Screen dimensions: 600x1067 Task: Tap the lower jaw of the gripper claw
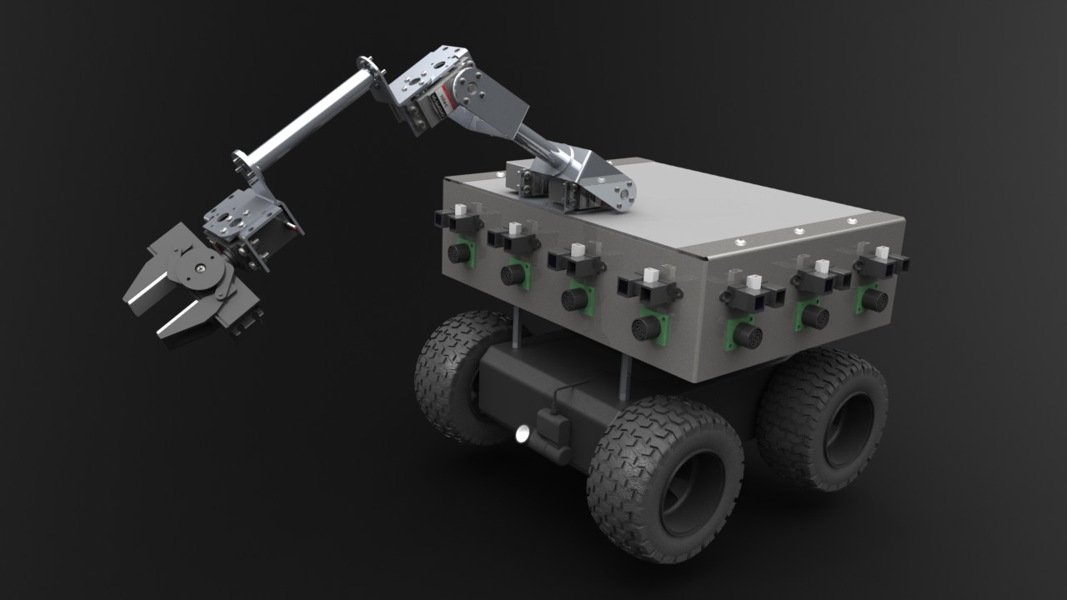point(188,320)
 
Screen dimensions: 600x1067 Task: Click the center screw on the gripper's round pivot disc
point(201,267)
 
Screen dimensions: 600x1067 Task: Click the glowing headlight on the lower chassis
point(523,432)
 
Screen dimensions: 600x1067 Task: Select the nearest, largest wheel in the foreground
point(664,478)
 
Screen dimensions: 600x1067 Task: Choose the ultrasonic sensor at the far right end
point(873,299)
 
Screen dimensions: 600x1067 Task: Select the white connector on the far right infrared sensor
point(881,252)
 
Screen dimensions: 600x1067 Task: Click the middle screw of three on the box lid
point(798,231)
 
